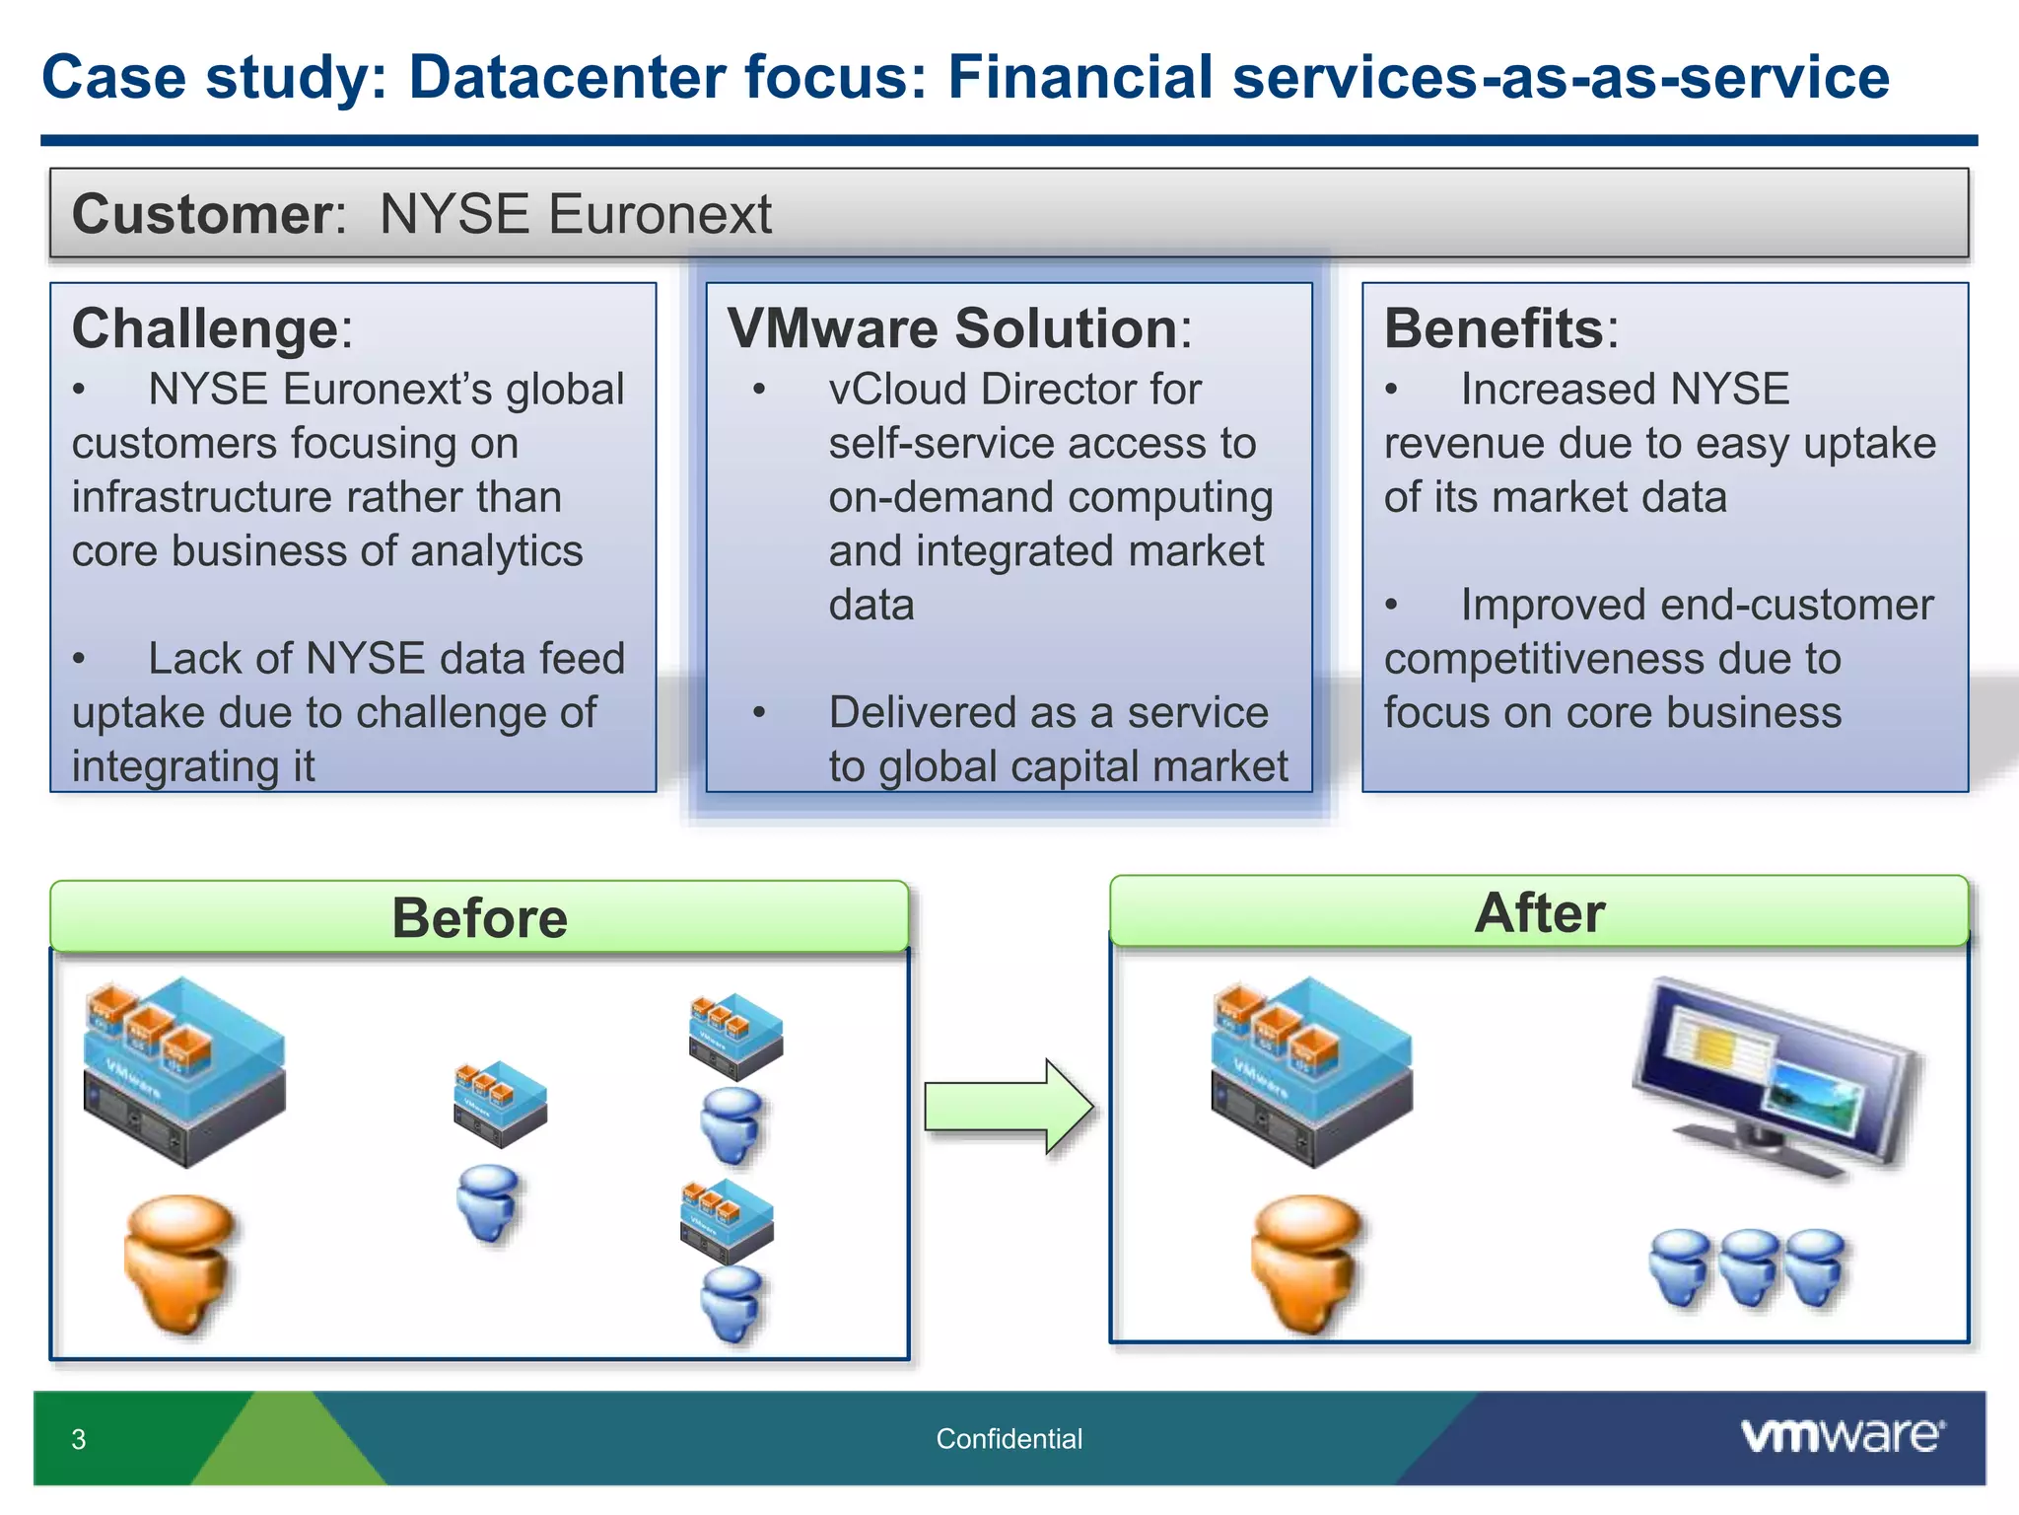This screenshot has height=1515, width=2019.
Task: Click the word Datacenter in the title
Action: [x=567, y=77]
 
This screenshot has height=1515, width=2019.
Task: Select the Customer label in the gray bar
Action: [x=202, y=214]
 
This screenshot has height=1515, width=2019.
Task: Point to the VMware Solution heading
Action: [x=952, y=328]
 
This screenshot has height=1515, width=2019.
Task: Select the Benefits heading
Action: [x=1494, y=328]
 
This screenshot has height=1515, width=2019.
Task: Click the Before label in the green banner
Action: [x=479, y=918]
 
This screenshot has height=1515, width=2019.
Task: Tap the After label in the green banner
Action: [x=1539, y=912]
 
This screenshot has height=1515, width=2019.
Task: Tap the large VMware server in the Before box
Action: [x=184, y=1071]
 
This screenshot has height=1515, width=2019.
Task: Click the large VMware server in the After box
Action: [x=1311, y=1071]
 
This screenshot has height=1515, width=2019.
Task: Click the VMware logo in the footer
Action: [x=1842, y=1436]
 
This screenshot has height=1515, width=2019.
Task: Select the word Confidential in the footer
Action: [x=1009, y=1439]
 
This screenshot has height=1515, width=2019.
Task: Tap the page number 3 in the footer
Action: [x=79, y=1440]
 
